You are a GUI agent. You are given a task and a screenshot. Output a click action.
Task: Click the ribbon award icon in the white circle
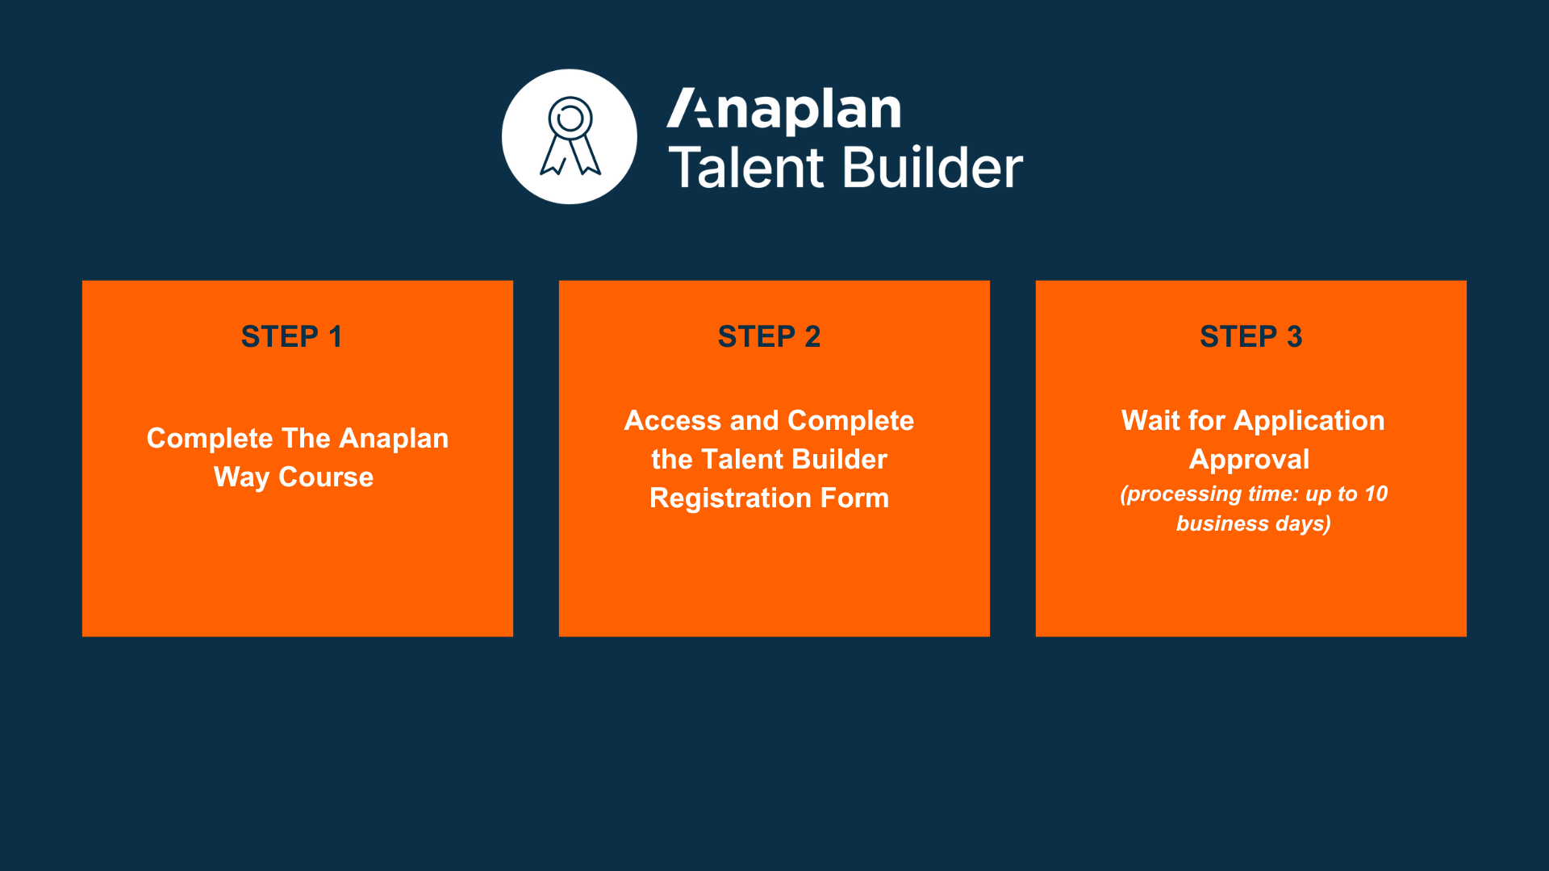570,136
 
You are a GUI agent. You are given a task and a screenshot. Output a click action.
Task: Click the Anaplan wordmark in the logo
784,110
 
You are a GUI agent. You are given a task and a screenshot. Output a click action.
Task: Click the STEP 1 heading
292,336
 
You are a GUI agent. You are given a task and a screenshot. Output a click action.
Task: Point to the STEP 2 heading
769,336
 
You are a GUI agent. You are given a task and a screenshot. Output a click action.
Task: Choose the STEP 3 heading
1251,336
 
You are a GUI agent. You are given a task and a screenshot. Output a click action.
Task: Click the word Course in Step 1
326,477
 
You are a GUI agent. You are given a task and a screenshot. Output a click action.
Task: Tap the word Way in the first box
242,477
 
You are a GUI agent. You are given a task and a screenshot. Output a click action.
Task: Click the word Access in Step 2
673,420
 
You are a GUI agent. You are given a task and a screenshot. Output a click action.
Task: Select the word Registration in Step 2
730,498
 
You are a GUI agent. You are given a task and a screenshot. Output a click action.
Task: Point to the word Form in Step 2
855,498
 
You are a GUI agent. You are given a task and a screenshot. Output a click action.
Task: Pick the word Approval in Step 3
1250,460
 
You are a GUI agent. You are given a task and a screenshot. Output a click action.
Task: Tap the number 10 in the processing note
1376,494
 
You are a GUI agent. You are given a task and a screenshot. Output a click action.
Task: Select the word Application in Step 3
1309,421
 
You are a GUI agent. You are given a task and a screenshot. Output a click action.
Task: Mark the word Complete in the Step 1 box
210,439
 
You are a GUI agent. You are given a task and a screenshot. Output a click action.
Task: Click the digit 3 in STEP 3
1295,336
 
